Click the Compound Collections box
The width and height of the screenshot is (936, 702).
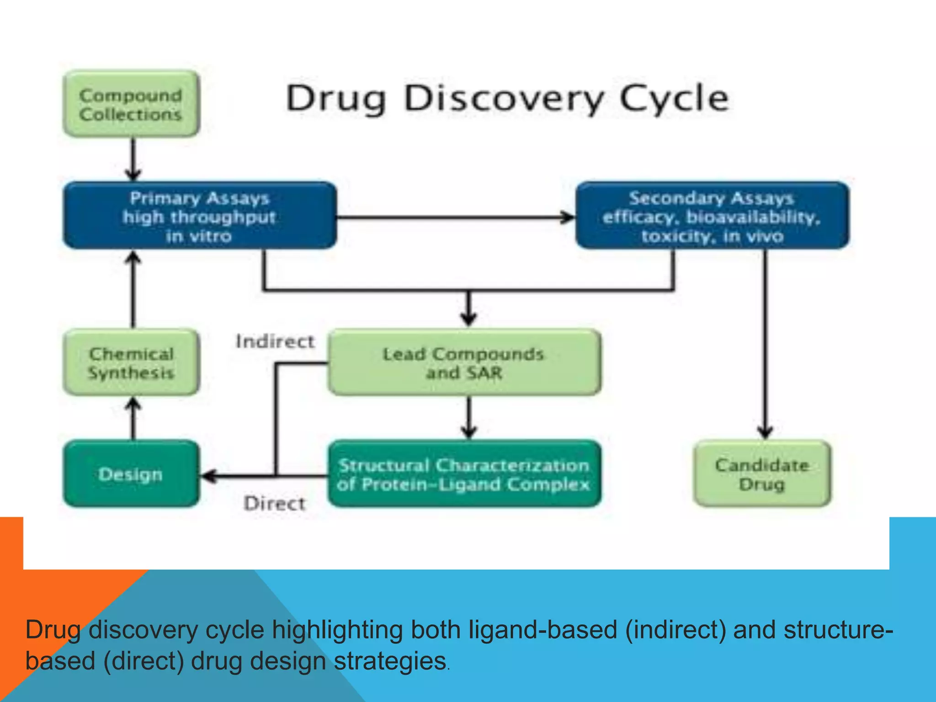(131, 104)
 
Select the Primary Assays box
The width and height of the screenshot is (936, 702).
(200, 216)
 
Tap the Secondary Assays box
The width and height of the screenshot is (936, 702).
(712, 216)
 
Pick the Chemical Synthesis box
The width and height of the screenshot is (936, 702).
(131, 362)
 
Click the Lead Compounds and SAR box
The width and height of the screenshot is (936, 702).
(464, 362)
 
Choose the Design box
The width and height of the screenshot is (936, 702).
(131, 474)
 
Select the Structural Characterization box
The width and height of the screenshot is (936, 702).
(464, 474)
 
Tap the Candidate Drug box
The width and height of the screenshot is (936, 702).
(762, 474)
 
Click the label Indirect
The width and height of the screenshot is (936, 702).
(275, 341)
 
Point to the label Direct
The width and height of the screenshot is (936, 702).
(275, 503)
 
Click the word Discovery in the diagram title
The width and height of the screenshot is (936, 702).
(504, 99)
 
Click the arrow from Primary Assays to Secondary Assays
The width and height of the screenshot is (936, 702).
(455, 217)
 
